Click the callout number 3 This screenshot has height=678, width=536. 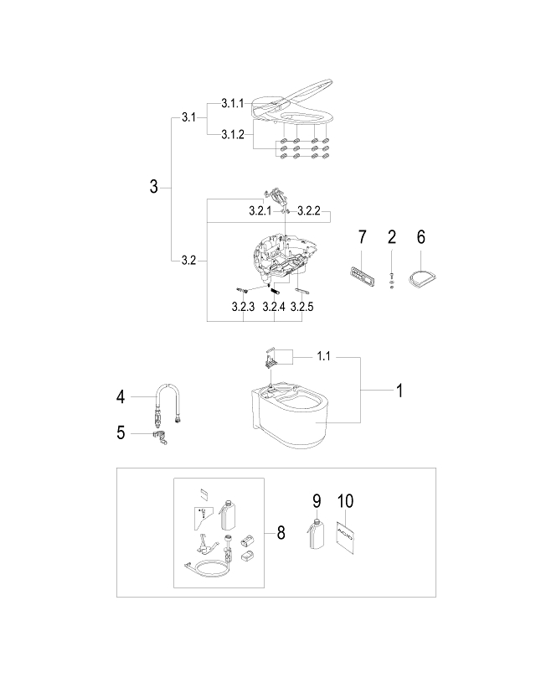(x=153, y=186)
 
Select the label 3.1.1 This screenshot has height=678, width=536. (x=232, y=103)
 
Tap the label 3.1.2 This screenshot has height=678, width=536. (x=232, y=134)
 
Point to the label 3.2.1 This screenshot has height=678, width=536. (x=260, y=213)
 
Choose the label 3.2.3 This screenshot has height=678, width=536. (x=243, y=308)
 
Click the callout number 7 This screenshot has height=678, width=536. (x=362, y=237)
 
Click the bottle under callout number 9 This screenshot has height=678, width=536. (x=317, y=536)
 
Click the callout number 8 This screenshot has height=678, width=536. (x=280, y=532)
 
